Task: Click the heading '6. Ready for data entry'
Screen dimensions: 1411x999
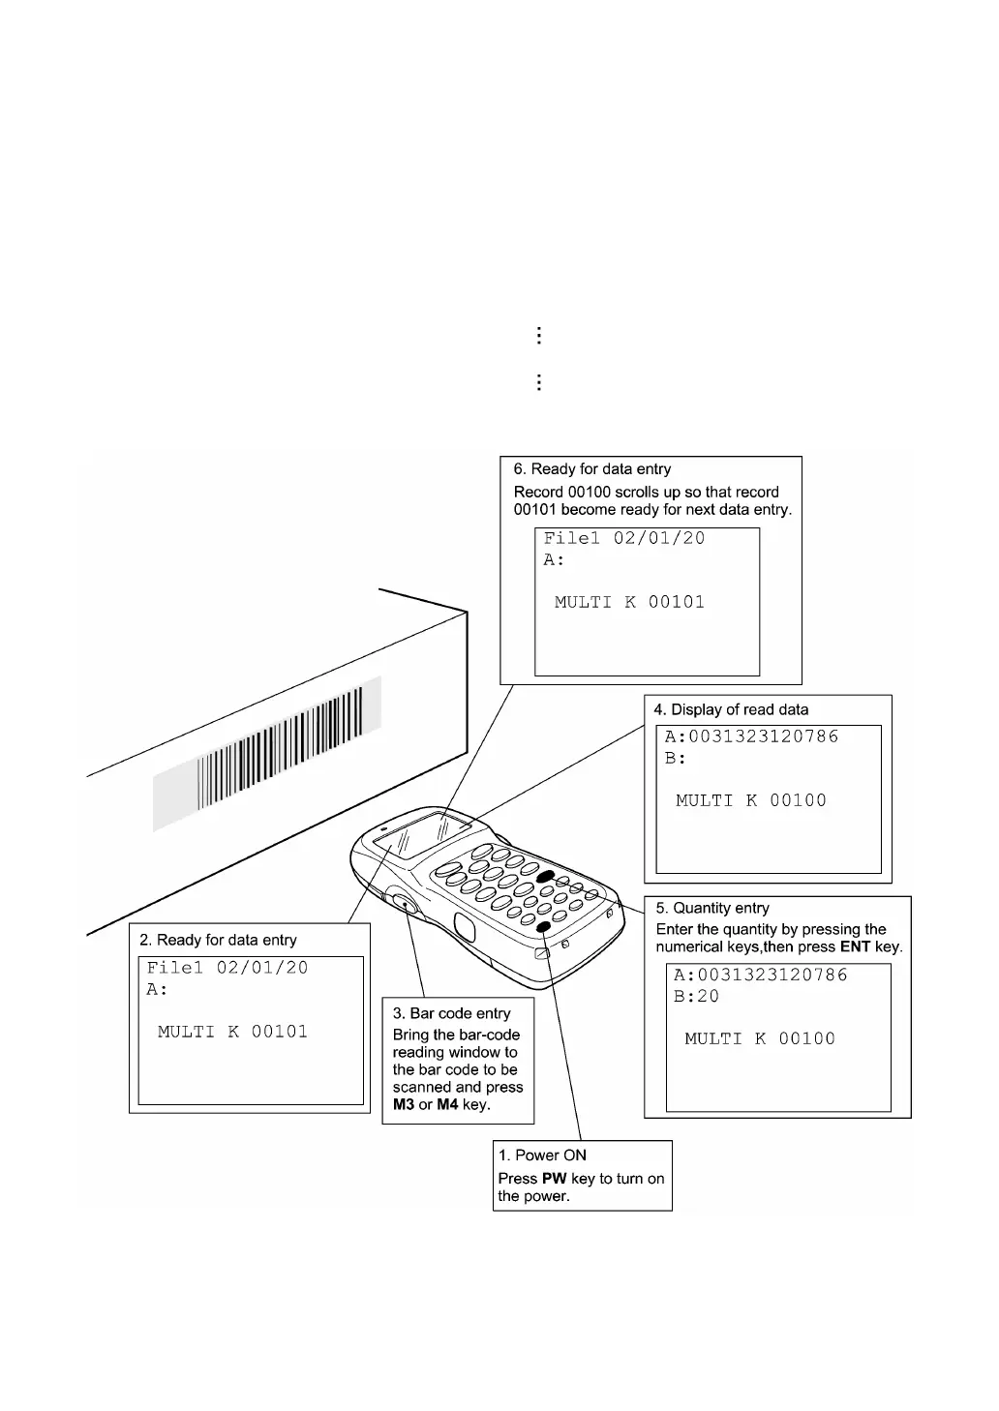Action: pos(591,469)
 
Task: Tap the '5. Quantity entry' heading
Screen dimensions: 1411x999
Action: pos(712,908)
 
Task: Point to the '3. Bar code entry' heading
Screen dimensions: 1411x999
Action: pos(451,1013)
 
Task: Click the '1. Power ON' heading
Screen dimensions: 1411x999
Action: pos(542,1155)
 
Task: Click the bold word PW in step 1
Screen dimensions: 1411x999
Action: pos(554,1179)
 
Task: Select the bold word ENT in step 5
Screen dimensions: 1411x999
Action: pos(855,946)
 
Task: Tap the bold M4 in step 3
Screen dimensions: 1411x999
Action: pos(447,1104)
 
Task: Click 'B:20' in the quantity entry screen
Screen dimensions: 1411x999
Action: pos(696,997)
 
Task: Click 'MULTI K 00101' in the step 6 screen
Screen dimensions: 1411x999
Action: pos(629,602)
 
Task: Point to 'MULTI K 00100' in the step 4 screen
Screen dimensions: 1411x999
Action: pos(750,800)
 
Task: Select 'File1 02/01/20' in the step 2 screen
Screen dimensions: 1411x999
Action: pos(227,968)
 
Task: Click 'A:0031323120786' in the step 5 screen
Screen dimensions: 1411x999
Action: pos(760,975)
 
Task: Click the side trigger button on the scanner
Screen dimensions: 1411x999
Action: pos(406,905)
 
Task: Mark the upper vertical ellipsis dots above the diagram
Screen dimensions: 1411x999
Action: pos(538,336)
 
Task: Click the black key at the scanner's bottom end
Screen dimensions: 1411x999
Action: pos(544,927)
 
